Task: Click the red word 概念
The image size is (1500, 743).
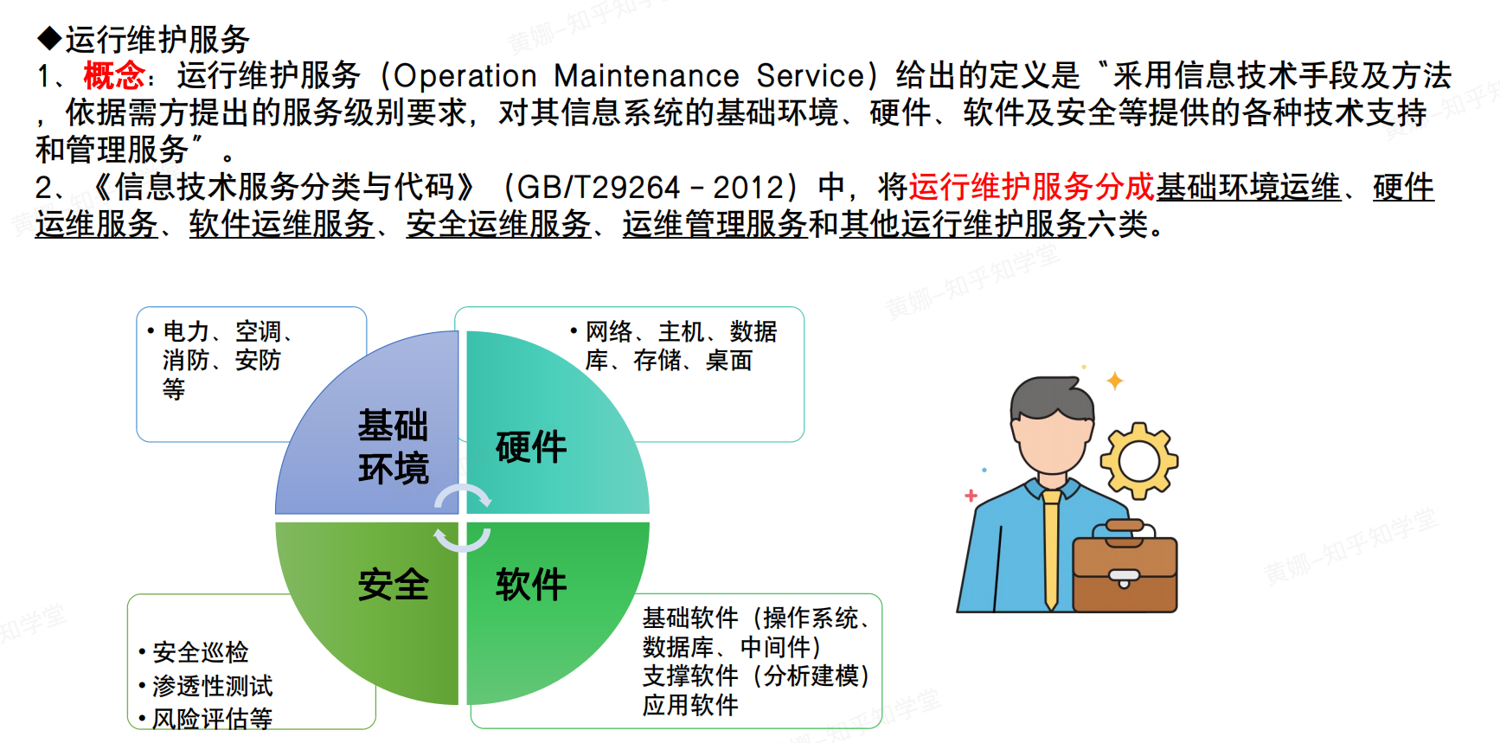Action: click(x=113, y=76)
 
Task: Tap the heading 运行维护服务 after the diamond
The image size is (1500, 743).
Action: click(x=157, y=39)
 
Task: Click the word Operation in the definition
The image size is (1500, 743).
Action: click(x=465, y=76)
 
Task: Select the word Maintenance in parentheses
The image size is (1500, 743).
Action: click(x=646, y=76)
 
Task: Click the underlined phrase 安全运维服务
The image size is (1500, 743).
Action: click(x=499, y=225)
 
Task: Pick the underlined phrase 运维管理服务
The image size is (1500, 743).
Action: click(x=715, y=225)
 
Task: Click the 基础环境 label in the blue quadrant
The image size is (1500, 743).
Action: click(x=394, y=446)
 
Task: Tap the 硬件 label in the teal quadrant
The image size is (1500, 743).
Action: click(x=531, y=447)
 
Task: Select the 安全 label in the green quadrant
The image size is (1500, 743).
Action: click(x=394, y=585)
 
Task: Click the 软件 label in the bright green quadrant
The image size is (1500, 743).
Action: click(x=531, y=585)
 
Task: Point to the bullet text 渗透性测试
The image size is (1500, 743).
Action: click(x=213, y=686)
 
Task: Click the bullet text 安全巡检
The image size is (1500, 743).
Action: click(x=201, y=652)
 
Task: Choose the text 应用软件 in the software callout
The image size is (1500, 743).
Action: click(x=690, y=705)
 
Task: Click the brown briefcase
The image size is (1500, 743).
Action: click(x=1125, y=567)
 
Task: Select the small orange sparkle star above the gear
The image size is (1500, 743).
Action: click(x=1115, y=381)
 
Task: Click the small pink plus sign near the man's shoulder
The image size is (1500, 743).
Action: click(x=971, y=496)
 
